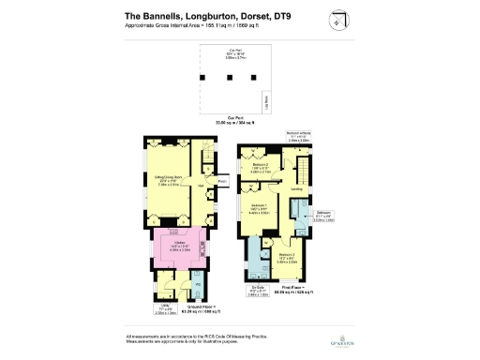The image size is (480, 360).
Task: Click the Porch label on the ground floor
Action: pyautogui.click(x=222, y=182)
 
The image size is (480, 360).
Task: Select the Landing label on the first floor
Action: pyautogui.click(x=296, y=189)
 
